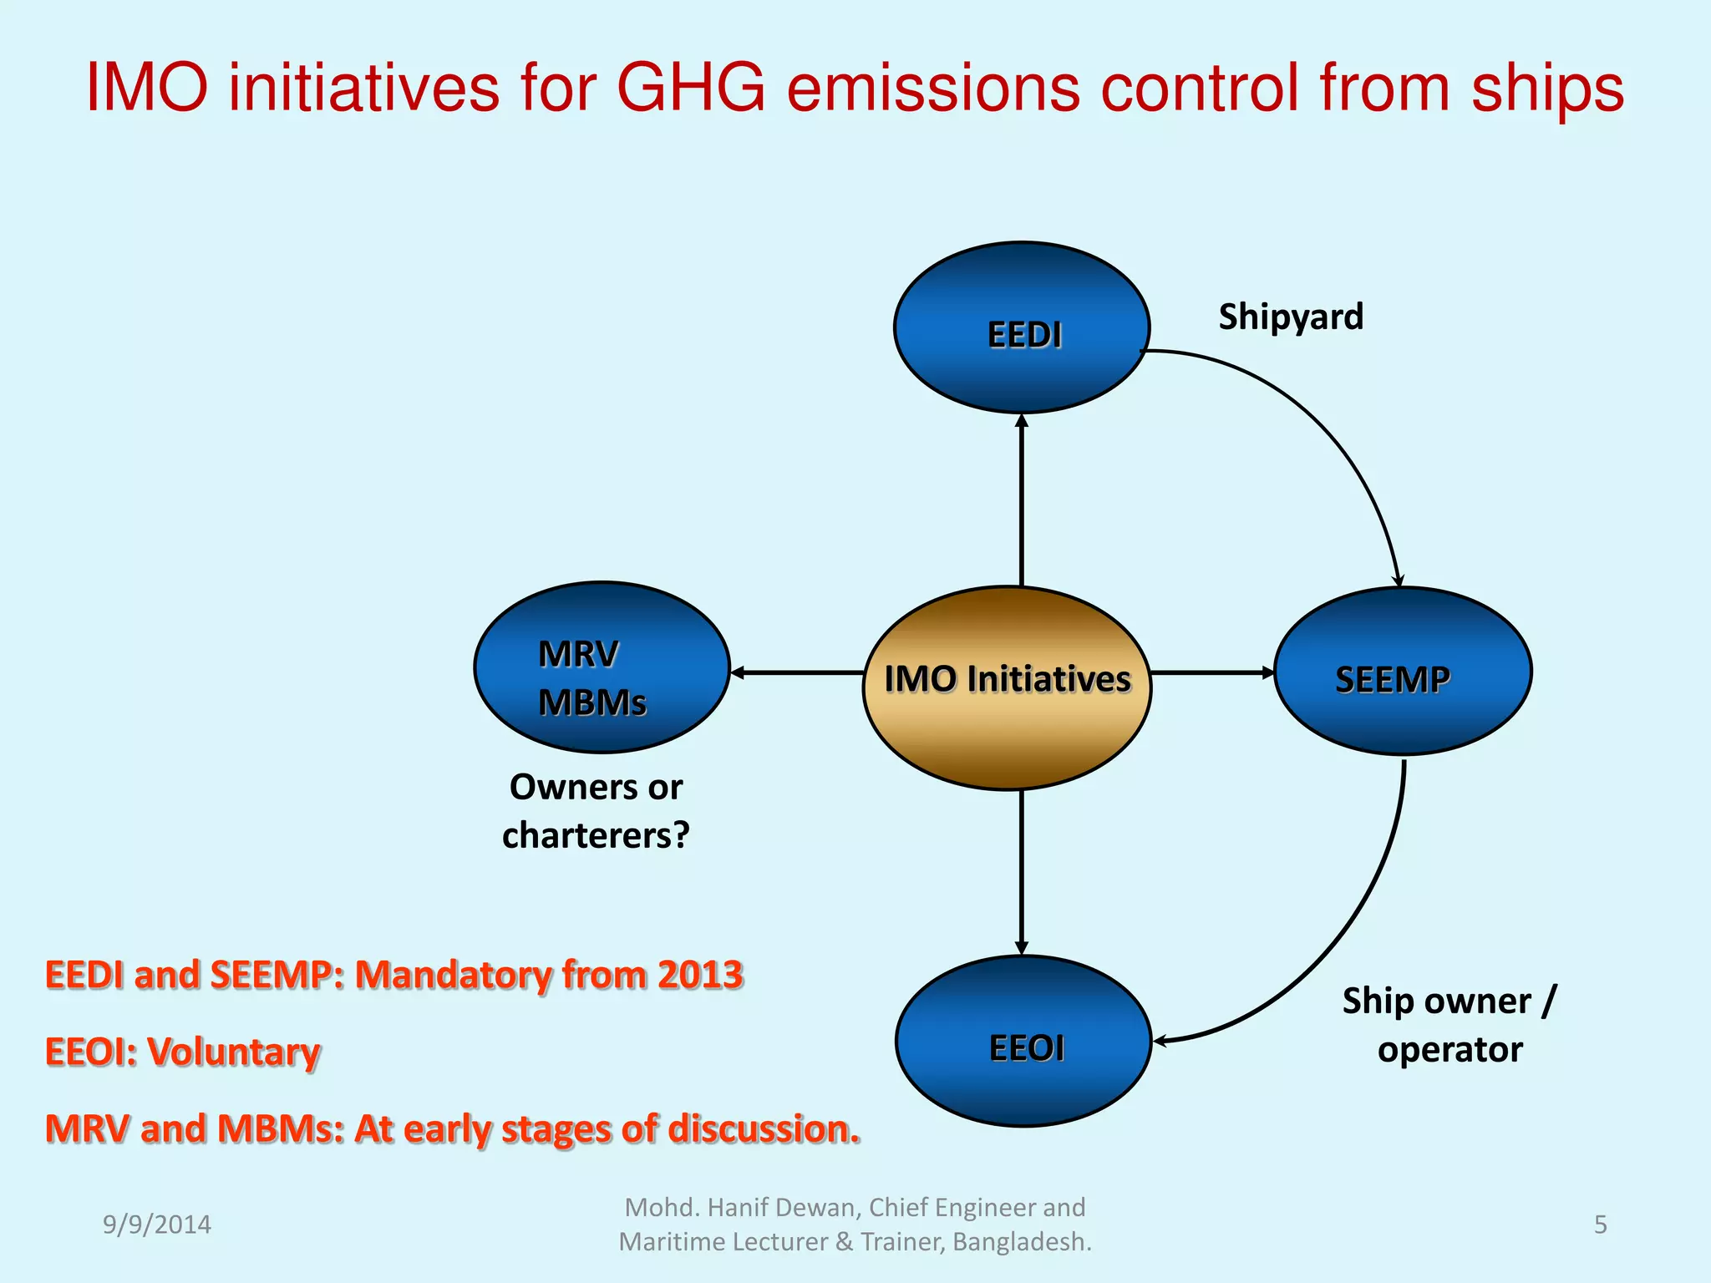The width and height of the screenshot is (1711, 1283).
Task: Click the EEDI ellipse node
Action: [1021, 327]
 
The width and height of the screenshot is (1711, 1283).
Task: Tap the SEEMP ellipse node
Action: [1402, 671]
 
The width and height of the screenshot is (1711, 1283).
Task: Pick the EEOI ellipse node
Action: [1023, 1042]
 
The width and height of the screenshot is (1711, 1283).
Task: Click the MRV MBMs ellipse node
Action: [602, 667]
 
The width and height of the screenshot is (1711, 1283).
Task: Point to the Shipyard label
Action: [1290, 317]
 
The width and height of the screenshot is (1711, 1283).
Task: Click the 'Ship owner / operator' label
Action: [1450, 1025]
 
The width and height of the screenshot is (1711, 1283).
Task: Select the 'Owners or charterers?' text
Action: [596, 811]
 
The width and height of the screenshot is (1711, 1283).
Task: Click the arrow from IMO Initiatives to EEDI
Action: [1021, 501]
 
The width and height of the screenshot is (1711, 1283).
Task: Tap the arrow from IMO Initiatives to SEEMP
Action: [1211, 672]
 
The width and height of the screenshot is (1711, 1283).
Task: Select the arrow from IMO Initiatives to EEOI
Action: [1021, 873]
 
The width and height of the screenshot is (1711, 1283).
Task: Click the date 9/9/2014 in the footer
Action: [156, 1225]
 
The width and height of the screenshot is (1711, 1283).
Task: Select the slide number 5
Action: [1600, 1225]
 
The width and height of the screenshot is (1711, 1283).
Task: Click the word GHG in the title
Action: [690, 88]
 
